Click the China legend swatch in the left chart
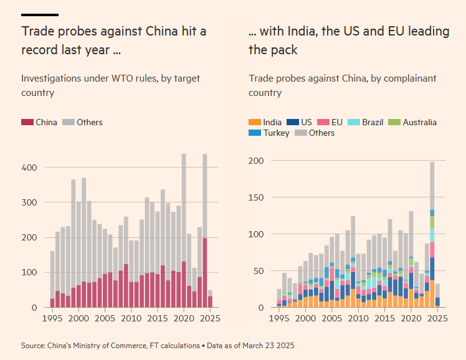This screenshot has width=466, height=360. coord(27,123)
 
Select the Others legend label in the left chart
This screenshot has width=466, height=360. coord(90,123)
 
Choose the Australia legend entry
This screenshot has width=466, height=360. coord(419,123)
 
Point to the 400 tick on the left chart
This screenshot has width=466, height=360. coord(30,168)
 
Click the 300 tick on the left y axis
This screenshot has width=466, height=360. coord(30,202)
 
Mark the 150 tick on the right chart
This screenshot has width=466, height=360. coord(256,197)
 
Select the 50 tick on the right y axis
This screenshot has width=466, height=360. coord(259,271)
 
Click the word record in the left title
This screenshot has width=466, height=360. coord(39,50)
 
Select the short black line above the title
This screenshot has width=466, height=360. coord(40,14)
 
